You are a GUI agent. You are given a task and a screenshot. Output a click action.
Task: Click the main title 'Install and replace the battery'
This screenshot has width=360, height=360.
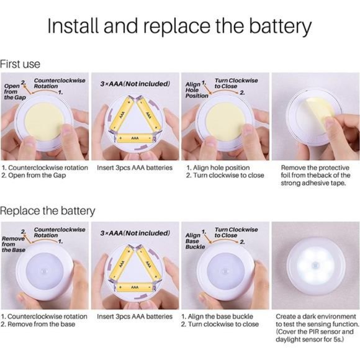[179, 26]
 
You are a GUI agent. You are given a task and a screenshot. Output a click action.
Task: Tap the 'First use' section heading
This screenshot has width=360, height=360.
[20, 64]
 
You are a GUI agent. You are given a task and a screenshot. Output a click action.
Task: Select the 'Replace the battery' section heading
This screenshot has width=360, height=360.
[48, 211]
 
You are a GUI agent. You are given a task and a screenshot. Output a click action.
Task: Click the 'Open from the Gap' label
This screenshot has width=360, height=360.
[15, 92]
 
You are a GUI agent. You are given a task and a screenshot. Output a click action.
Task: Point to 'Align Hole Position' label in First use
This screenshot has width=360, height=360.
[197, 90]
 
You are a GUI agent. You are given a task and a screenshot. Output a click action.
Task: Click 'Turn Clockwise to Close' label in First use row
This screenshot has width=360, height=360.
[236, 83]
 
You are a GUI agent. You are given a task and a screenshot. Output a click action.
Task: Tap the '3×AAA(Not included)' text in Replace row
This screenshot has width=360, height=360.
[135, 233]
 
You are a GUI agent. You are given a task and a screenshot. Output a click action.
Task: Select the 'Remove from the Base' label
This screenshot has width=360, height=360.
[13, 244]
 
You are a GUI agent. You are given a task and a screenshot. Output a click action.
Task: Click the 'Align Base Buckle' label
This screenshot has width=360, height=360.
[195, 241]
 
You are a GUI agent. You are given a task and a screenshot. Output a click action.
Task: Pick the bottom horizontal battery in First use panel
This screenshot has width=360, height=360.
[135, 138]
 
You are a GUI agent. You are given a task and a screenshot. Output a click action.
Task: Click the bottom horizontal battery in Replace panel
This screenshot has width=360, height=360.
[135, 287]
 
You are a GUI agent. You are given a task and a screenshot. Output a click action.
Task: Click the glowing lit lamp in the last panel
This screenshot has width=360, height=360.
[316, 266]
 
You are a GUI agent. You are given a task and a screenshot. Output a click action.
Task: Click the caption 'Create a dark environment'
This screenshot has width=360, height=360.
[316, 317]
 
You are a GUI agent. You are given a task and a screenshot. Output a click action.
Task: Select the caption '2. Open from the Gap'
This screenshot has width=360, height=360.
[34, 176]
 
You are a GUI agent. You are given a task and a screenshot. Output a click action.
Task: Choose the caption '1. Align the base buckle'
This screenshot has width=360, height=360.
[217, 317]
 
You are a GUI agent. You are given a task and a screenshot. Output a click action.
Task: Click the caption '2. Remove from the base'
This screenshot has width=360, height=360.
[38, 324]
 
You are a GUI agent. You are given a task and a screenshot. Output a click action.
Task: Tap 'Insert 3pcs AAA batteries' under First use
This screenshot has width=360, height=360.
[135, 168]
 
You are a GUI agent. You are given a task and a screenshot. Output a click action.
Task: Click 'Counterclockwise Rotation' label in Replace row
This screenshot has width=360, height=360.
[60, 232]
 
